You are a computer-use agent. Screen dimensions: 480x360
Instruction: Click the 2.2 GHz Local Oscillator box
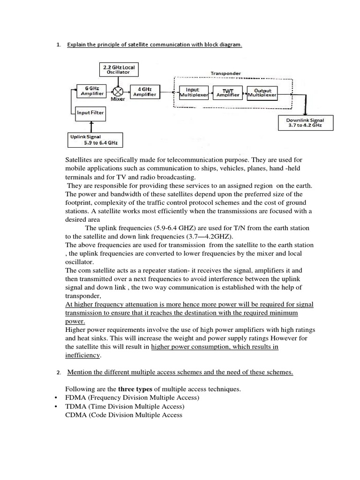click(x=119, y=70)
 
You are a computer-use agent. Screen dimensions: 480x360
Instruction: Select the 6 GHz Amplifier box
click(x=92, y=91)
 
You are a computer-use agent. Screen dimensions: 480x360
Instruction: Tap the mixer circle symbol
click(x=119, y=91)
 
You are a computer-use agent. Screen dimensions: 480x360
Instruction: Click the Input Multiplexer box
click(x=192, y=92)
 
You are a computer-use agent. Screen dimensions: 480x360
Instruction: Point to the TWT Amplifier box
click(x=227, y=92)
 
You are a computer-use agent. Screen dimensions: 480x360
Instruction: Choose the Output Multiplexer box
click(x=262, y=92)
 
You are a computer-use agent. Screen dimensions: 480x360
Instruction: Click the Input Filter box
click(x=90, y=112)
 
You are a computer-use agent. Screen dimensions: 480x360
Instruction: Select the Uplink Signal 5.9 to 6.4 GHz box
click(x=96, y=139)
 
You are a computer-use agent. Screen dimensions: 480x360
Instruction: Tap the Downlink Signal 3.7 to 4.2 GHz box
click(x=305, y=123)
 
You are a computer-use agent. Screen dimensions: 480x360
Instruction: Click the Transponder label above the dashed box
click(x=225, y=73)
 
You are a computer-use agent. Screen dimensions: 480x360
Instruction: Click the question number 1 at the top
click(x=58, y=45)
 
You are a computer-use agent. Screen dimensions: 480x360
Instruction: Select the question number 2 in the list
click(x=58, y=373)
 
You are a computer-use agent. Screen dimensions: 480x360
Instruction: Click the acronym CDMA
click(x=76, y=415)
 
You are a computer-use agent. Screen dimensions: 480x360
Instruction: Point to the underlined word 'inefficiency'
click(x=82, y=356)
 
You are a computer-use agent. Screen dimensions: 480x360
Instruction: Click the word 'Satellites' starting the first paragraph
click(x=80, y=161)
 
